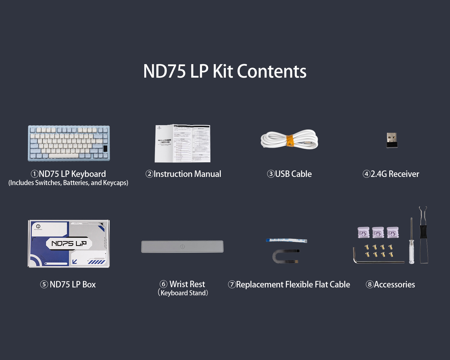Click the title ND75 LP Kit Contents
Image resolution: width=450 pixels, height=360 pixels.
click(x=225, y=71)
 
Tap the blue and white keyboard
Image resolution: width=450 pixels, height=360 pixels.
click(x=69, y=143)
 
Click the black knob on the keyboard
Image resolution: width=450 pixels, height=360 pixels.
click(x=105, y=148)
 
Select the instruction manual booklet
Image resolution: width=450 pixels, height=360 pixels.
click(x=183, y=143)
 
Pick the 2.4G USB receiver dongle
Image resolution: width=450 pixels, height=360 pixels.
click(x=391, y=140)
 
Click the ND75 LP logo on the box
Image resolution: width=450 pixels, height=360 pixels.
click(x=69, y=243)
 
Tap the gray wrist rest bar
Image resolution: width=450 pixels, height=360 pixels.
click(x=182, y=246)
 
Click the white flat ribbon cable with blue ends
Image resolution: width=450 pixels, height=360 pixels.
click(x=286, y=240)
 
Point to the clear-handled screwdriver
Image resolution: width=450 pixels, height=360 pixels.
click(x=411, y=245)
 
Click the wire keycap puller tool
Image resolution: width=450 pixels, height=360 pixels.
click(x=423, y=236)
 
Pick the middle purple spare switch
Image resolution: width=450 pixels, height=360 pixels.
click(x=378, y=233)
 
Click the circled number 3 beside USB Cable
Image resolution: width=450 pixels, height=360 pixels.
click(x=271, y=174)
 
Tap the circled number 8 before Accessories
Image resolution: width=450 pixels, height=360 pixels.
click(x=370, y=284)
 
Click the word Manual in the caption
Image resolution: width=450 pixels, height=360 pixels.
click(x=208, y=174)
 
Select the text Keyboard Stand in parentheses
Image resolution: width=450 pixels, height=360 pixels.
click(x=183, y=293)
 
